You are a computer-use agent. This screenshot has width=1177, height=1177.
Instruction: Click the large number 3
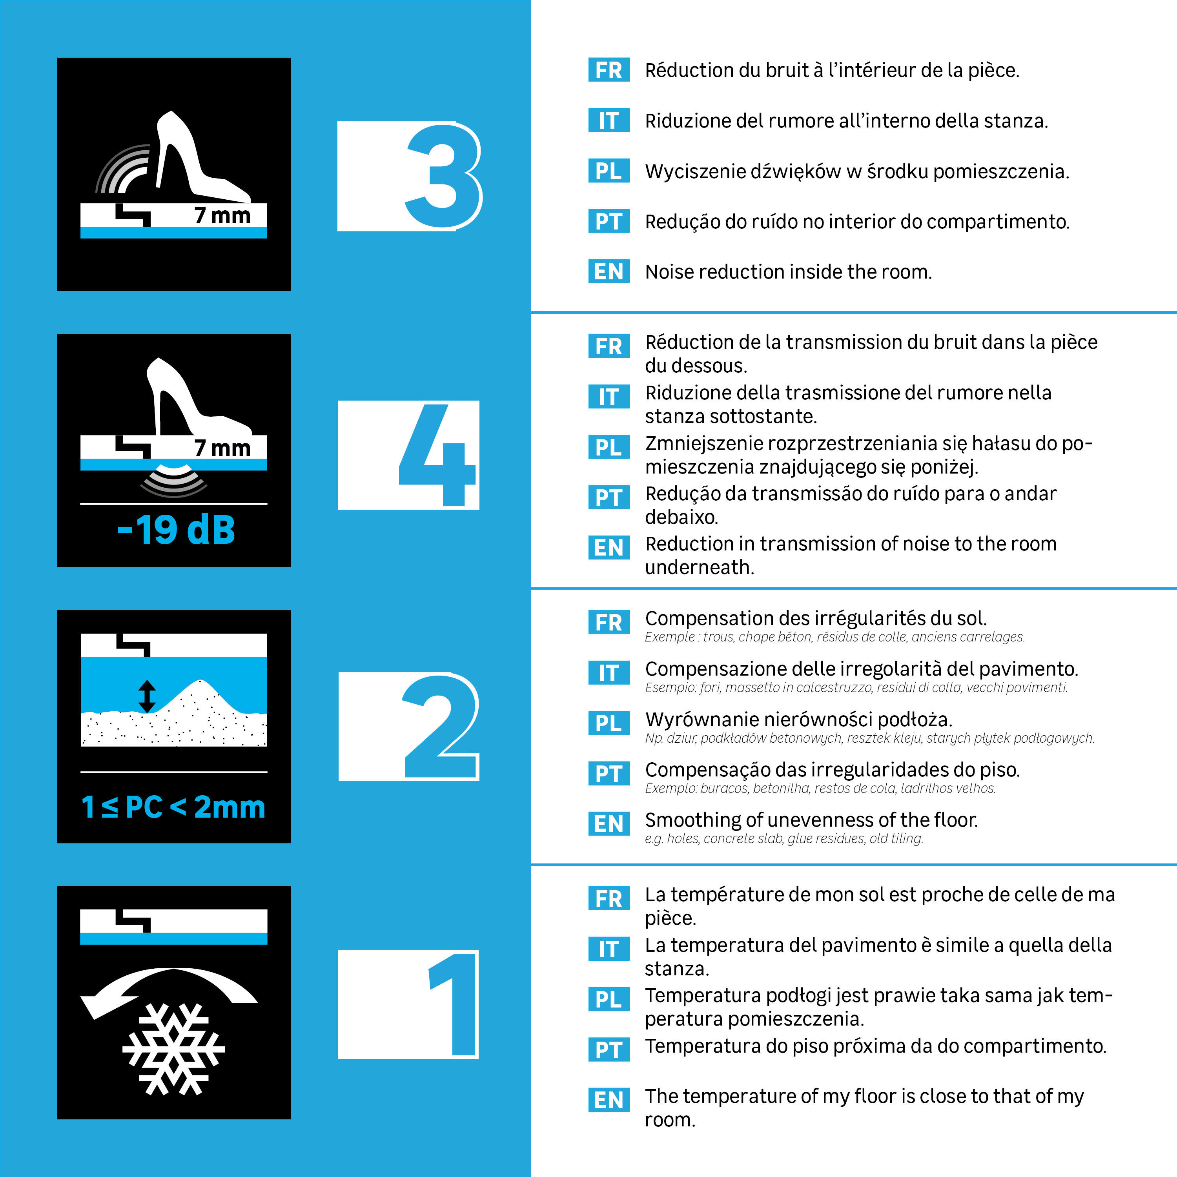click(x=443, y=176)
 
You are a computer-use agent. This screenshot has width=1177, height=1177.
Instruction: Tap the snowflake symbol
click(x=174, y=1049)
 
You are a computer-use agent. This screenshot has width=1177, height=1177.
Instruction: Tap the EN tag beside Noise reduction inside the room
click(x=609, y=271)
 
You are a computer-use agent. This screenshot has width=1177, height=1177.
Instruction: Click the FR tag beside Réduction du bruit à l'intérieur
click(x=609, y=70)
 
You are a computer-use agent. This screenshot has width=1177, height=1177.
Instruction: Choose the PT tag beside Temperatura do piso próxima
click(x=609, y=1049)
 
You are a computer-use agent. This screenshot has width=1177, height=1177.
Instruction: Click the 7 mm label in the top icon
click(x=222, y=215)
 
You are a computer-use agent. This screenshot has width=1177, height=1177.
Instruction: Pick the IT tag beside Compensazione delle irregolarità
click(x=609, y=673)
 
